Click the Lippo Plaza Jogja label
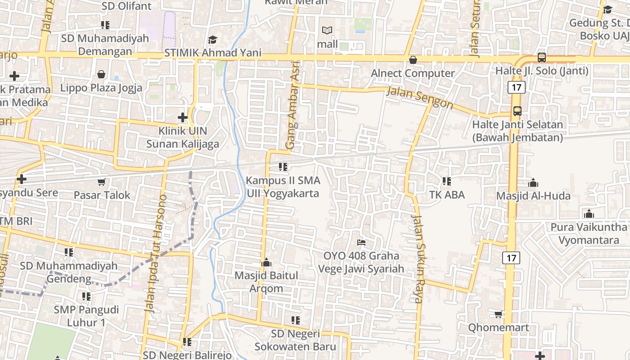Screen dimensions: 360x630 click(101, 87)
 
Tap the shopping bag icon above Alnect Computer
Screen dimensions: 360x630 click(413, 59)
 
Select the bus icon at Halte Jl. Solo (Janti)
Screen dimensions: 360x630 click(541, 58)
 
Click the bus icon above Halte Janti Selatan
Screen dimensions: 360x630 click(517, 111)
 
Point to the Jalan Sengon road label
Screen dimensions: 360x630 click(420, 98)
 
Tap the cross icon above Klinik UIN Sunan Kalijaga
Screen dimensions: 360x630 click(182, 117)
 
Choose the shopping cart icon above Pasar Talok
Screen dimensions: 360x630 click(102, 182)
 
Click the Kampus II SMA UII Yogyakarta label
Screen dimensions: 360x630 click(283, 187)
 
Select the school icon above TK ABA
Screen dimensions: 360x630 click(446, 181)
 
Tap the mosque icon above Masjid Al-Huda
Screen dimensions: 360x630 click(533, 183)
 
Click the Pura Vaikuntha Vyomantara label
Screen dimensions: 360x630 click(589, 233)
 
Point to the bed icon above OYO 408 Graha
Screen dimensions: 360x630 click(361, 243)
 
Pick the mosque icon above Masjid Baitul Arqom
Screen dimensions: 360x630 click(266, 262)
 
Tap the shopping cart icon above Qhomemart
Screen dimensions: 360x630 click(498, 314)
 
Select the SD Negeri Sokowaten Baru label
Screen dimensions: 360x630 click(295, 340)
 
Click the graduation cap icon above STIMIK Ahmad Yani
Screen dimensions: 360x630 click(212, 40)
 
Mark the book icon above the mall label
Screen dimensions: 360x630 click(327, 31)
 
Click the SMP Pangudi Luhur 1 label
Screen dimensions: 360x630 click(86, 316)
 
